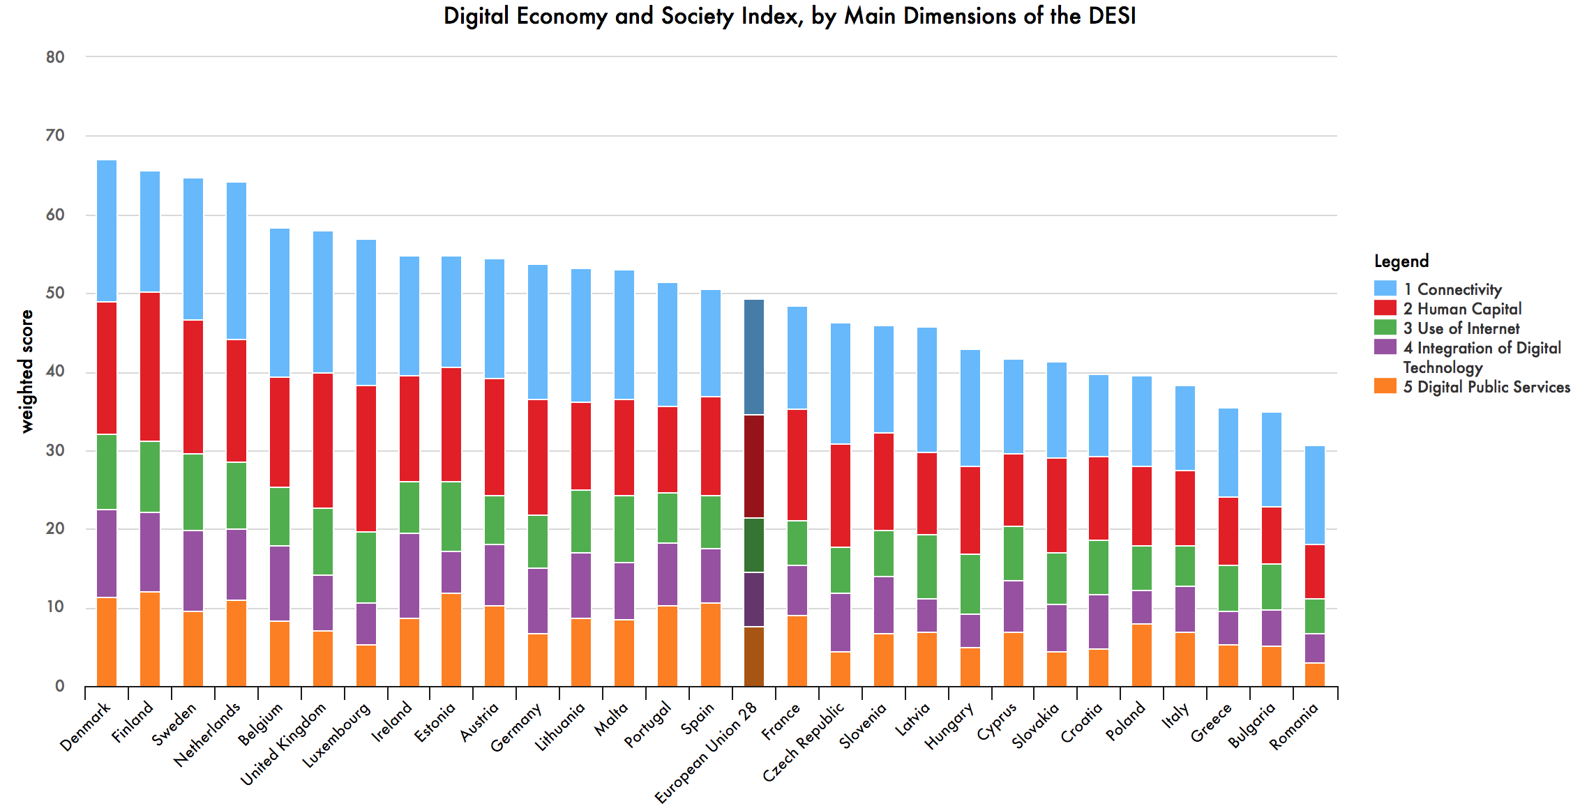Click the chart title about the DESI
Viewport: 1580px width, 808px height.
[x=790, y=16]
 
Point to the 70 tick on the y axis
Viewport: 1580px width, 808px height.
[x=55, y=135]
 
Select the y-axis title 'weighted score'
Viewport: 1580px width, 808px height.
[x=27, y=372]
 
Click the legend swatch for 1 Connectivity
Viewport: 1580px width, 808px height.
[x=1385, y=289]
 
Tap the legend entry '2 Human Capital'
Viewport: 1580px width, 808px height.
[x=1462, y=309]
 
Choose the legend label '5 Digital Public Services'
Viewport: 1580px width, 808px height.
[x=1487, y=387]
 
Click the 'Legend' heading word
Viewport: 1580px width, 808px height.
[x=1401, y=261]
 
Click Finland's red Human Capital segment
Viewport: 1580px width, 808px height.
[x=150, y=367]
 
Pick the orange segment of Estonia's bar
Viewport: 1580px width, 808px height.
[x=451, y=639]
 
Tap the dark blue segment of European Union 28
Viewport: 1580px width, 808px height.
[x=754, y=357]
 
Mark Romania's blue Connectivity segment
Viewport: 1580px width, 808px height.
[x=1315, y=495]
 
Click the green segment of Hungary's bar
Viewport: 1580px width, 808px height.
[x=970, y=584]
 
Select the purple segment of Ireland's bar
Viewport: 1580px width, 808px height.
[x=409, y=576]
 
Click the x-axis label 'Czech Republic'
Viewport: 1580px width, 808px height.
[x=804, y=742]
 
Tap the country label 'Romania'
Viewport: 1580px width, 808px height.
[x=1294, y=726]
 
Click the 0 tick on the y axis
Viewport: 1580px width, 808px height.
[x=60, y=686]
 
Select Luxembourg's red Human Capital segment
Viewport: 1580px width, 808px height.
[x=366, y=459]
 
